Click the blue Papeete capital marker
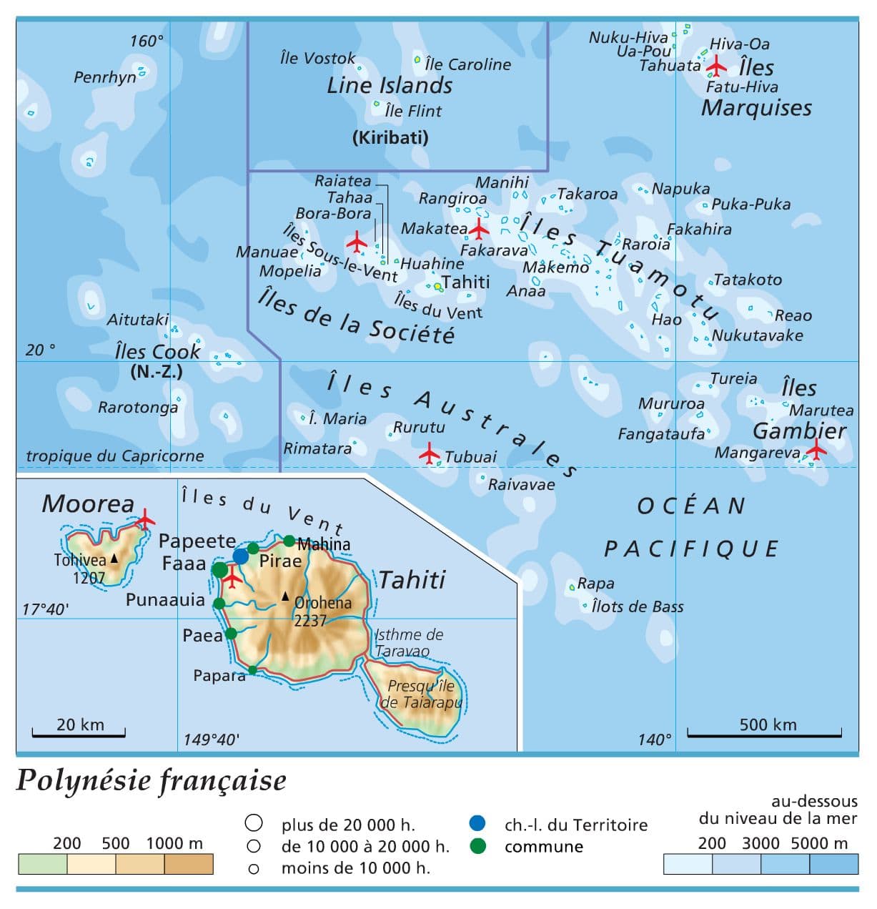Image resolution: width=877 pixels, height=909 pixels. coord(241,556)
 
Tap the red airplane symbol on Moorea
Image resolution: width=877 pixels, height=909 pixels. coord(146,519)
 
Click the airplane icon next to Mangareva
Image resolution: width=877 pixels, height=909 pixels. coord(816,450)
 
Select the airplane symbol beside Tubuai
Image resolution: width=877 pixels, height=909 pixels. coord(430,453)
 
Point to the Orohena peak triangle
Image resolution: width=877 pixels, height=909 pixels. coord(285,596)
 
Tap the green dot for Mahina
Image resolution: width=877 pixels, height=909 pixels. coord(289,541)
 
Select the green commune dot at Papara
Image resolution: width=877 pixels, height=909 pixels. coord(252,670)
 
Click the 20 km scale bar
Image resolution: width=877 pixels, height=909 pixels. coord(79,732)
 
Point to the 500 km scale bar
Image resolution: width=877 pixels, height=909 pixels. coord(764,732)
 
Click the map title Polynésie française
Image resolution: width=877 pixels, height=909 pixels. coord(151,780)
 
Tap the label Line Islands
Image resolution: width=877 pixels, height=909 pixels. coord(390,86)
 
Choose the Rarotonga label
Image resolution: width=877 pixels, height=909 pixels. coord(137,408)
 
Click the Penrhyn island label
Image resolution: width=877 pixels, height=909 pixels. coord(104,77)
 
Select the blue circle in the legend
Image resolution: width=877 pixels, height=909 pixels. coord(477,823)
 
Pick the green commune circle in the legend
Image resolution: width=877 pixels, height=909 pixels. coord(477,846)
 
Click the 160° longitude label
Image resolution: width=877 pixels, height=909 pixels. coord(147,41)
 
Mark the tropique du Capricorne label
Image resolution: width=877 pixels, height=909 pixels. coord(114,456)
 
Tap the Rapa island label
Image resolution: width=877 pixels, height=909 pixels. coord(595,584)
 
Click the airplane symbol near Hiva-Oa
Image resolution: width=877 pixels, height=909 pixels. coord(715,67)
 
